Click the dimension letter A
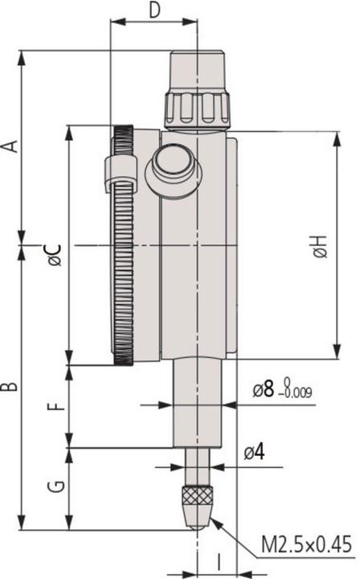[10, 146]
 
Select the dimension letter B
[10, 387]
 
